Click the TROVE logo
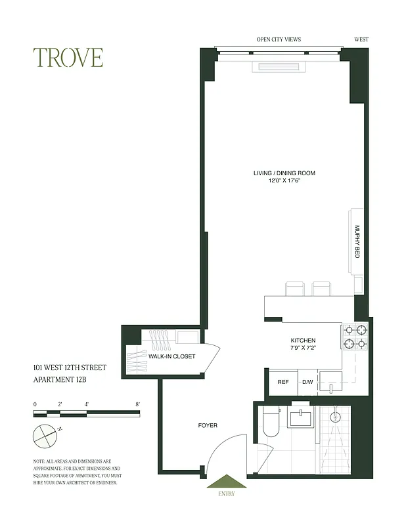[x=69, y=58]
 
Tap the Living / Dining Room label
[x=284, y=173]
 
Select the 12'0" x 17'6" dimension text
[x=284, y=180]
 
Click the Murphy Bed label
[x=357, y=241]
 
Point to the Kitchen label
[x=303, y=341]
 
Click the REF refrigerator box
[x=283, y=382]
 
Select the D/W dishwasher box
[x=307, y=382]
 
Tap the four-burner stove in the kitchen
[x=355, y=336]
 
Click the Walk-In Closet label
[x=171, y=356]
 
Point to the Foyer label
[x=208, y=425]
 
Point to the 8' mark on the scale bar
[x=137, y=404]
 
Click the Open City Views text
[x=279, y=39]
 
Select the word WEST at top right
[x=361, y=39]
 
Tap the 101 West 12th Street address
[x=69, y=367]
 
